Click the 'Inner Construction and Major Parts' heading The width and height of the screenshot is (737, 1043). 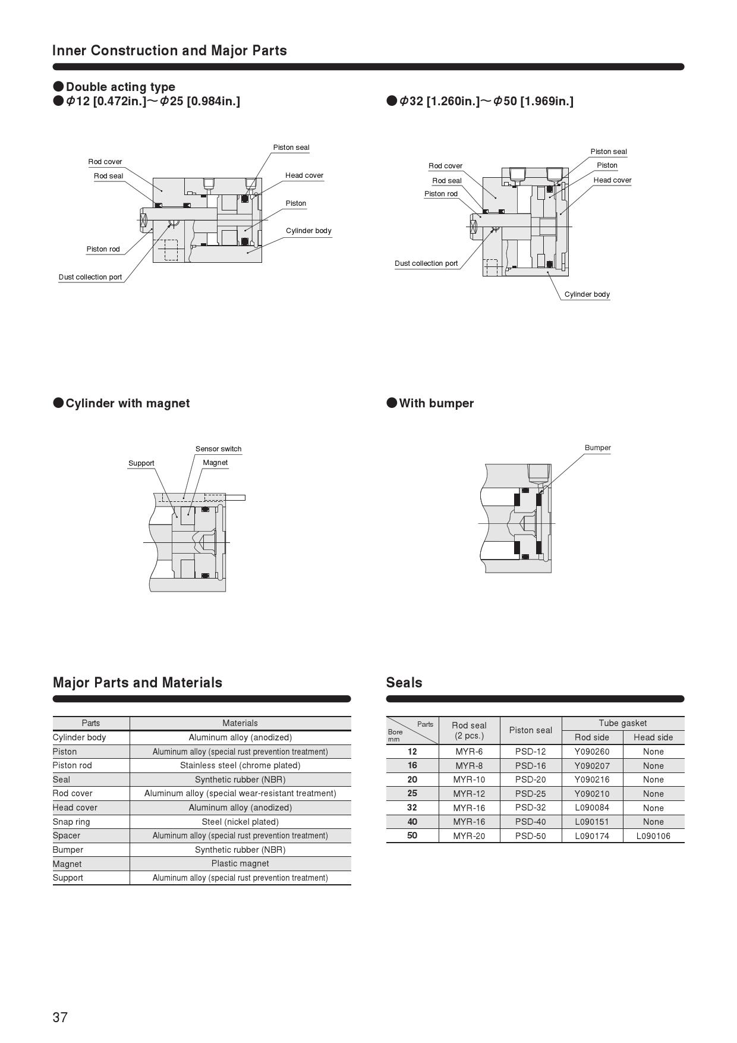[169, 51]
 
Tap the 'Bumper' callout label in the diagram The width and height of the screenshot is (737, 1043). [597, 448]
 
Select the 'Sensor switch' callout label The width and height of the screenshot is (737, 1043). [218, 449]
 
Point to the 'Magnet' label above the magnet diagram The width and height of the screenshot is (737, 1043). [215, 463]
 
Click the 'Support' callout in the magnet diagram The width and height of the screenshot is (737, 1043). [141, 463]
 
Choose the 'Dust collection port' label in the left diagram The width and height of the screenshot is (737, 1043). [90, 277]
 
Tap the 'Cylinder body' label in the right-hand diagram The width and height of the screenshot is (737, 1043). [587, 294]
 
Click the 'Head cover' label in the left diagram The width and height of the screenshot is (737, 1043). [304, 175]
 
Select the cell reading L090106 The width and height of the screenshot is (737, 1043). [653, 836]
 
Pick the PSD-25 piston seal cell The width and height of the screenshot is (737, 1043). [530, 794]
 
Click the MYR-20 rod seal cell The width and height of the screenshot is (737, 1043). [469, 836]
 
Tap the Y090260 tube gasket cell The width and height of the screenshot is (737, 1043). [592, 752]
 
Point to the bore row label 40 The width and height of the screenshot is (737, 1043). [412, 822]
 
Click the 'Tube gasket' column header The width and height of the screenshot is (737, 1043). [622, 723]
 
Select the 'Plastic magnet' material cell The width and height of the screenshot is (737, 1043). [240, 863]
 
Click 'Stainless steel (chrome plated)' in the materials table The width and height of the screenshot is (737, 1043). [240, 765]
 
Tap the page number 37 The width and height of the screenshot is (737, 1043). [60, 1017]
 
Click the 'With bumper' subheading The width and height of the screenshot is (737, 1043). [436, 403]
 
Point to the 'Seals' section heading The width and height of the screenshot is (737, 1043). [404, 683]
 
